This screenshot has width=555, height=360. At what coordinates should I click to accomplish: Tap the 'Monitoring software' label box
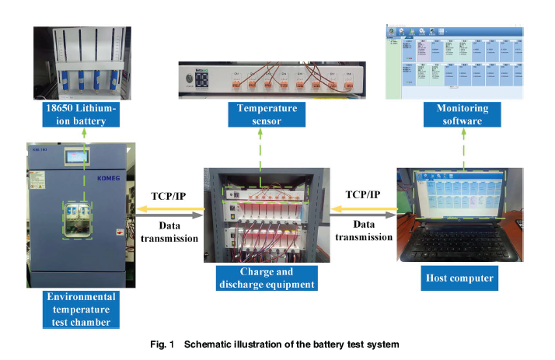[x=458, y=114]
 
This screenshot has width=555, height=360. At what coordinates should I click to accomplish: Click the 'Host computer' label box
[x=459, y=277]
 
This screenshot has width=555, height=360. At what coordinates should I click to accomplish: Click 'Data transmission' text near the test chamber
[x=169, y=231]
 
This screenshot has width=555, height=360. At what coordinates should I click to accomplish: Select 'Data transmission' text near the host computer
[x=361, y=231]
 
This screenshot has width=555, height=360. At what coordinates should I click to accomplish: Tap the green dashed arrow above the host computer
[x=464, y=148]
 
